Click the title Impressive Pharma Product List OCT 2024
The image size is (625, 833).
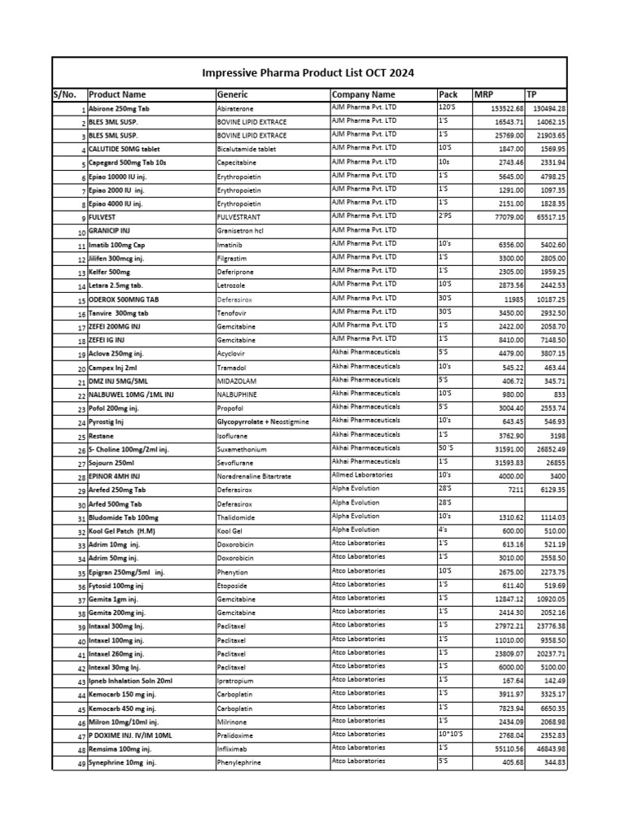pyautogui.click(x=308, y=72)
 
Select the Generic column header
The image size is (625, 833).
pyautogui.click(x=233, y=94)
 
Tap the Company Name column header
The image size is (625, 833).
pyautogui.click(x=363, y=94)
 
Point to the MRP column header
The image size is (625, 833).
pyautogui.click(x=483, y=94)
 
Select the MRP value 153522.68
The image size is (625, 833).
pyautogui.click(x=503, y=108)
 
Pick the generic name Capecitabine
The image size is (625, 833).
pyautogui.click(x=238, y=163)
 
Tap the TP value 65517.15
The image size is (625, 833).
pyautogui.click(x=549, y=217)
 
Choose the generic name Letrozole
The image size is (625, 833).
pyautogui.click(x=233, y=286)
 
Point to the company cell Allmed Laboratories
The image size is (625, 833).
pyautogui.click(x=362, y=473)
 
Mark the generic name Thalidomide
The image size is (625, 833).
pyautogui.click(x=236, y=517)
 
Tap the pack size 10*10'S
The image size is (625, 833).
pyautogui.click(x=450, y=733)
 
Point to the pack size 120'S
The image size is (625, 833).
pyautogui.click(x=448, y=107)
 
